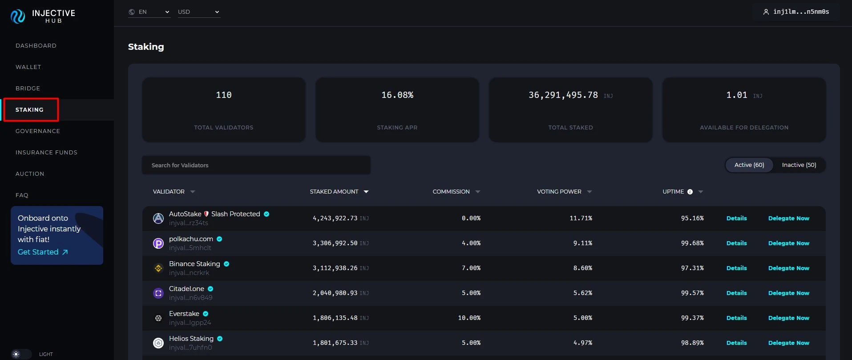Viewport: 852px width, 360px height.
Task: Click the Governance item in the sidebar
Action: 38,131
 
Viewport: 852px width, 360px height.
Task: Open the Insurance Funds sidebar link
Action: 46,153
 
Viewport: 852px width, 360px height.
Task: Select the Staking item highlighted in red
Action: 30,110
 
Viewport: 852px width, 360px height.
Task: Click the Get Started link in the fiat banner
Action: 43,252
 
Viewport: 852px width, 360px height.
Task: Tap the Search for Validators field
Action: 256,165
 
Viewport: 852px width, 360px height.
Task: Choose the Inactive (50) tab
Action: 799,165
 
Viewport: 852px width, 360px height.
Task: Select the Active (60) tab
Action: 749,165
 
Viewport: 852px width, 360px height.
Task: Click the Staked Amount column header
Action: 334,192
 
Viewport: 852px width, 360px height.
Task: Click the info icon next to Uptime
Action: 690,192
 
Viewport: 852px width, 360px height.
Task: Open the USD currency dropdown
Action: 198,12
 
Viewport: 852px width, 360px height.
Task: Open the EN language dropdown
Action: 149,12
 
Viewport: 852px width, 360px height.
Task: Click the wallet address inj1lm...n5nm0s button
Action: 796,12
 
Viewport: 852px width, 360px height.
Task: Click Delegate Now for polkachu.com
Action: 788,243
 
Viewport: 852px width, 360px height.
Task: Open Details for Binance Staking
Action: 736,268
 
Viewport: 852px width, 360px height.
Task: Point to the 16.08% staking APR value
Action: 397,95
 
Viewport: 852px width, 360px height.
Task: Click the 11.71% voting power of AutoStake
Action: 581,218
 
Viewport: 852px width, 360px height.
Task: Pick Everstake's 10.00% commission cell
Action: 469,318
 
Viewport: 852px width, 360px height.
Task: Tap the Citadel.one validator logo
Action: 158,293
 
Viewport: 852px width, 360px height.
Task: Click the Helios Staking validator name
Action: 191,339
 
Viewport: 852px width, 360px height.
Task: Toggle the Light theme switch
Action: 21,354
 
